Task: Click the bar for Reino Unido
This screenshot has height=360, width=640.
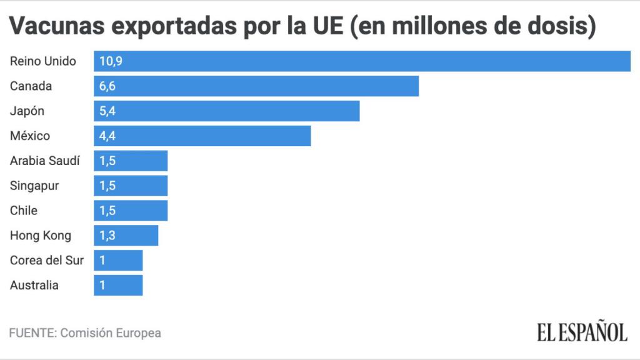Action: pos(362,61)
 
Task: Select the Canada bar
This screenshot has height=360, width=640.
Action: pos(256,86)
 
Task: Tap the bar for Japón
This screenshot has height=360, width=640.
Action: pos(227,111)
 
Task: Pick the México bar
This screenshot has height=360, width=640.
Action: pos(202,136)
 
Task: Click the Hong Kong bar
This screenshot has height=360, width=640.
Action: pos(126,236)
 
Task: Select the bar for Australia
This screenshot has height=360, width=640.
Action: pos(118,286)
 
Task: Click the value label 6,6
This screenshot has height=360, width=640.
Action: pos(107,86)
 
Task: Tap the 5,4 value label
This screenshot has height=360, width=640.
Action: pos(107,111)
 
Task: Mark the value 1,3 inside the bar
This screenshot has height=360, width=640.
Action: pos(107,236)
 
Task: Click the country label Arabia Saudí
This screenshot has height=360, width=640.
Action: pos(45,161)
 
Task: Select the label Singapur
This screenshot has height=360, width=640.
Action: pos(34,186)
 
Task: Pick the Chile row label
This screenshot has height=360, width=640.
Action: pos(24,211)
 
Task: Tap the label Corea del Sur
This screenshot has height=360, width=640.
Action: pos(47,261)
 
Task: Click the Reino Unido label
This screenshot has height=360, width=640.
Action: pos(43,61)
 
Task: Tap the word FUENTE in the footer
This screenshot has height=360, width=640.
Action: pos(32,333)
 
